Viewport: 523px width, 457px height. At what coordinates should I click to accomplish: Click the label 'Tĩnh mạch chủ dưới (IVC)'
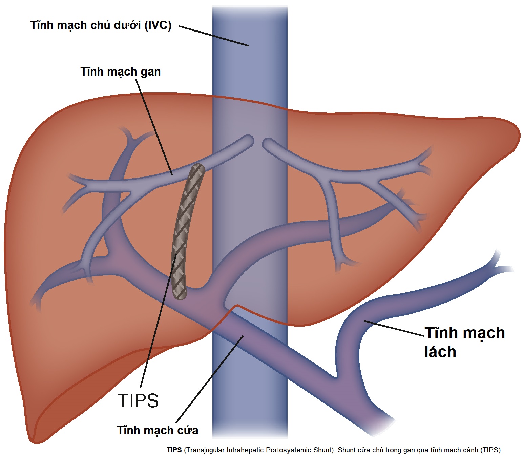click(101, 25)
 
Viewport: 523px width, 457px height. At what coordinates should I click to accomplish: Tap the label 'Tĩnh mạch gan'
click(121, 71)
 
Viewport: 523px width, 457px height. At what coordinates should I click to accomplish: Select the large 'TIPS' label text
click(138, 400)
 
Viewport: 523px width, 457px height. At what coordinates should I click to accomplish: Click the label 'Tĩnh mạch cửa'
click(158, 431)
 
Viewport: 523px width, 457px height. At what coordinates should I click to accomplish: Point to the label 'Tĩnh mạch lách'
click(464, 342)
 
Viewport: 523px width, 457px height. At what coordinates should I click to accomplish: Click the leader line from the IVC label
click(213, 36)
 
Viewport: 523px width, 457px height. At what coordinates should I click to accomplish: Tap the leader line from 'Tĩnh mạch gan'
click(154, 127)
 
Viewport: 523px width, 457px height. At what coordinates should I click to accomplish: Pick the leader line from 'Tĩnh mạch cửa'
click(209, 379)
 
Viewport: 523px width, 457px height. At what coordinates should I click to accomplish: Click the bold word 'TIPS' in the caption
click(174, 450)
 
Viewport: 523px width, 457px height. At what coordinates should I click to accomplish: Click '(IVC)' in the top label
click(158, 25)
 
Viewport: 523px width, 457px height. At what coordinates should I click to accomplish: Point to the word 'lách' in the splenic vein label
click(440, 352)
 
